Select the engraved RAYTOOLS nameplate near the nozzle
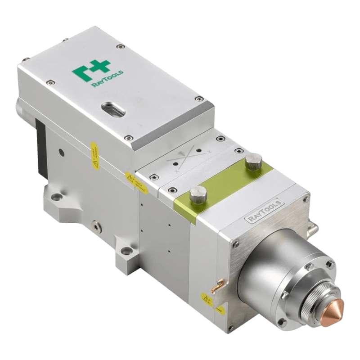coord(264,210)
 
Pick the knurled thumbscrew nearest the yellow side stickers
coord(196,195)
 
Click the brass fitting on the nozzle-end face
coord(219,283)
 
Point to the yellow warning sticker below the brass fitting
coord(207,299)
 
